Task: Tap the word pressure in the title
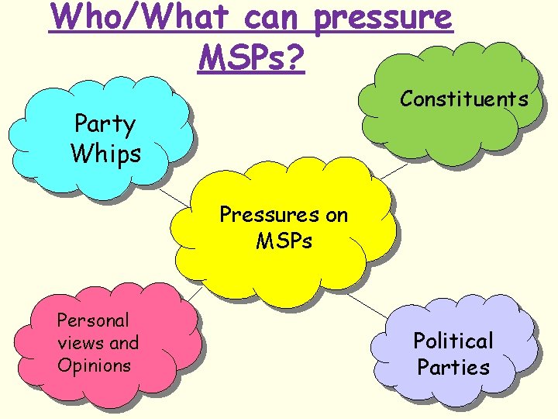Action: click(383, 16)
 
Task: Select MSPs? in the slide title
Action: click(252, 56)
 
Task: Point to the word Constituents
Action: click(464, 99)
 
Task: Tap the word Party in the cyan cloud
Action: click(105, 124)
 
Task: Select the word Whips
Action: click(105, 153)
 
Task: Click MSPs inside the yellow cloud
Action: click(284, 241)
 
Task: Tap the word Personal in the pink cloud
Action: click(94, 320)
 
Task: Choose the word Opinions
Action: click(95, 365)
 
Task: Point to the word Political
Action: click(453, 341)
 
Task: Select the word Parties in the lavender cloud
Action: click(453, 367)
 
